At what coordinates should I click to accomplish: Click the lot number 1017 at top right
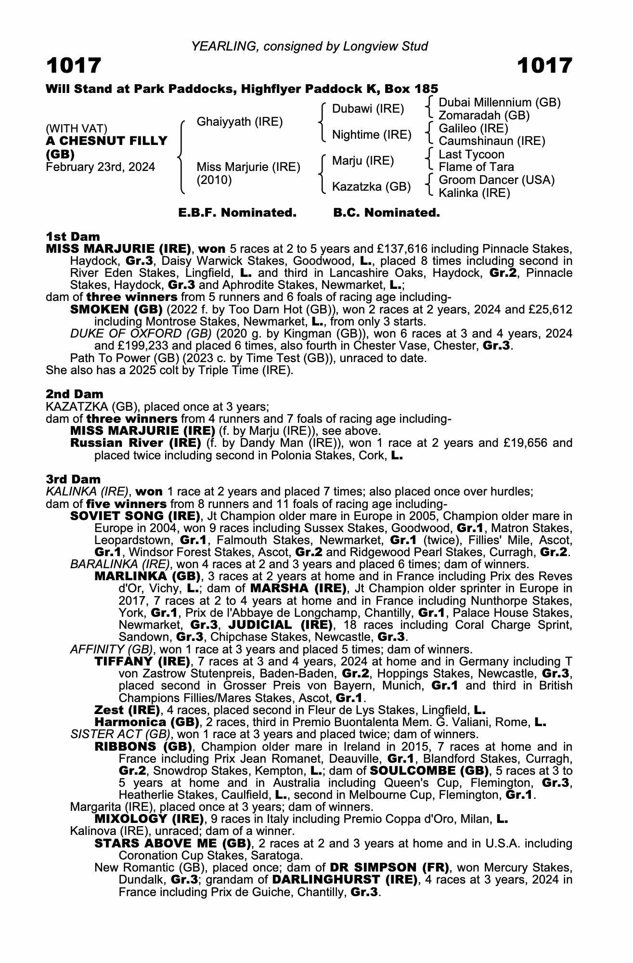tap(544, 65)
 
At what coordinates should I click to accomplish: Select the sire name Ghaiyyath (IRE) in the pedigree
tap(240, 121)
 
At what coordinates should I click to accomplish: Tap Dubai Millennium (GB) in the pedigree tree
tap(500, 103)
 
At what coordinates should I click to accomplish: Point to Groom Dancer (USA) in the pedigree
tap(497, 180)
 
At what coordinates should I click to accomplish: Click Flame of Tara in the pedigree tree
tap(476, 167)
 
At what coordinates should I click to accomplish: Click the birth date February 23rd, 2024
tap(101, 167)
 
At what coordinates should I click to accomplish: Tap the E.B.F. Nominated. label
tap(237, 212)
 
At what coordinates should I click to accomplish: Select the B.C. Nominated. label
tap(387, 212)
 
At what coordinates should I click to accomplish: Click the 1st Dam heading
tap(73, 236)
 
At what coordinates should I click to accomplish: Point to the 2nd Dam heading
tap(74, 394)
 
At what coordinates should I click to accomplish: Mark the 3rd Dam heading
tap(73, 479)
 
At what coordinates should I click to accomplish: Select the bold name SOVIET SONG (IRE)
tap(135, 516)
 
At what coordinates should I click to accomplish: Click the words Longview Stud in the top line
tap(385, 46)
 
